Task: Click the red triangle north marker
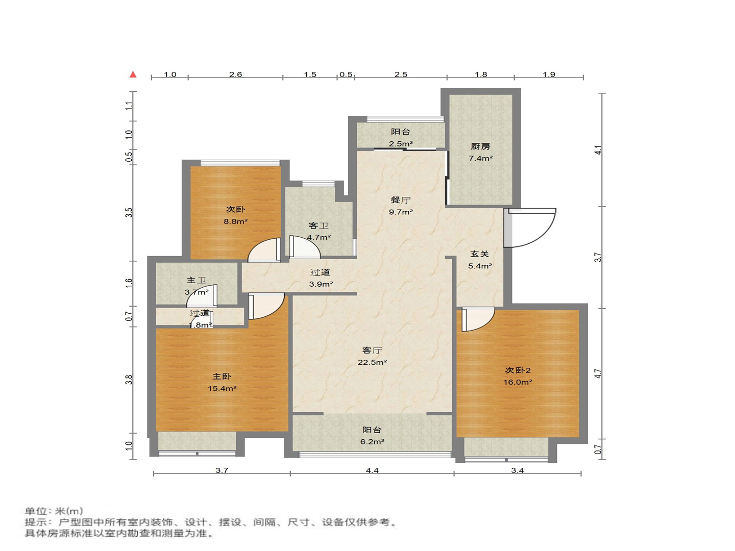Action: point(133,74)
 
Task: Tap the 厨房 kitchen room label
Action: point(480,146)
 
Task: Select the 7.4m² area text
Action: point(480,158)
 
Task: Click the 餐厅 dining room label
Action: point(401,200)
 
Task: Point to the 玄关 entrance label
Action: point(480,254)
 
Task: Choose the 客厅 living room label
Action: point(372,350)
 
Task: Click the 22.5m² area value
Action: point(372,362)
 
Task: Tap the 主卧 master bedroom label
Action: point(222,377)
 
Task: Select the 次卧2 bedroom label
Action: point(518,370)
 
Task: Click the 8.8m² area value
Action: point(235,221)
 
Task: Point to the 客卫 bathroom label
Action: point(318,226)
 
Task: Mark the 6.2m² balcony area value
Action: point(372,442)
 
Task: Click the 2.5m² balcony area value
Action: point(401,144)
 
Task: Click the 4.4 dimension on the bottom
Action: point(372,470)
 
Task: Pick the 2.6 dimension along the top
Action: point(235,74)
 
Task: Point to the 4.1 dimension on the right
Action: point(598,150)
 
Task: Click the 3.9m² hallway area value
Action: point(321,284)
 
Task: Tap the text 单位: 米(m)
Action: point(54,511)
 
